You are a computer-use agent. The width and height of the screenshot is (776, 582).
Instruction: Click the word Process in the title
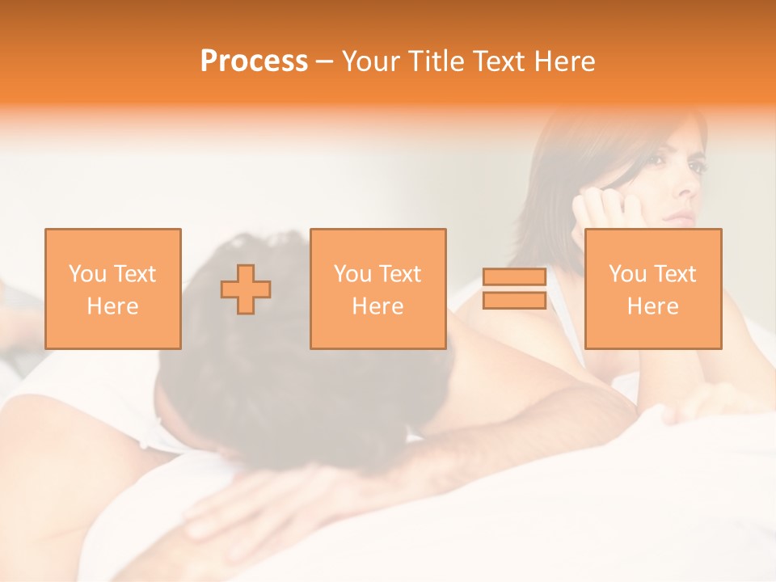pos(254,61)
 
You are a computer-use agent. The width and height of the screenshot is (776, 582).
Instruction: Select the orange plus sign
pos(246,289)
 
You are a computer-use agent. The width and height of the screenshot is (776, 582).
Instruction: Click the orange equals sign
pos(514,289)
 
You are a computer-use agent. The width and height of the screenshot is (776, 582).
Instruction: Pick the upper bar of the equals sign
pos(514,277)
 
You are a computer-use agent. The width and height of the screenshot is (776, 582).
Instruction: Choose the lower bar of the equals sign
pos(514,300)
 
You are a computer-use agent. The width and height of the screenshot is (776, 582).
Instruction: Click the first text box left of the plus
pos(113,289)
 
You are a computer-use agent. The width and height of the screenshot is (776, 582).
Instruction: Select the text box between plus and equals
pos(378,289)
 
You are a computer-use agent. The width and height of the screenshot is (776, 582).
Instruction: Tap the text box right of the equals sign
pos(653,289)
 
